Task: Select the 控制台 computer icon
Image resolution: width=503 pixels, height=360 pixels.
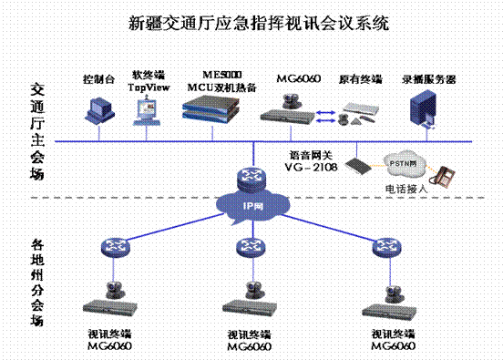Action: (96, 108)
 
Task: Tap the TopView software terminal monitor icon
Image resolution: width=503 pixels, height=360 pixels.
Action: (148, 109)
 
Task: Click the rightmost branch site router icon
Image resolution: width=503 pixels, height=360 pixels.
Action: (381, 246)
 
